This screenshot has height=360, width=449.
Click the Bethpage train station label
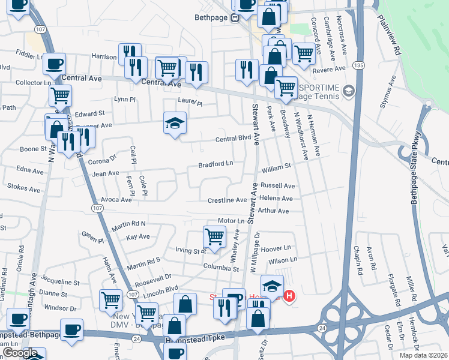pos(212,18)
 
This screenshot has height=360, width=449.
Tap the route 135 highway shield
pos(358,65)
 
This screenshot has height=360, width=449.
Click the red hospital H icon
pos(289,296)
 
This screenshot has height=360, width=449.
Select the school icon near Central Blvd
pos(175,124)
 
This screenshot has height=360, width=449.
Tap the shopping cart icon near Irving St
pos(214,235)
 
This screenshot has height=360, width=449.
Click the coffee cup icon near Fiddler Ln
pos(55,63)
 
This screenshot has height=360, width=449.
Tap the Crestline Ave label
pos(228,200)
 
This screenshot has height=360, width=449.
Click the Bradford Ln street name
pos(216,164)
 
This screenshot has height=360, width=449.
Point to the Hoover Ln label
pos(276,248)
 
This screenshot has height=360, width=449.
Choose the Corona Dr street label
pos(102,161)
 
